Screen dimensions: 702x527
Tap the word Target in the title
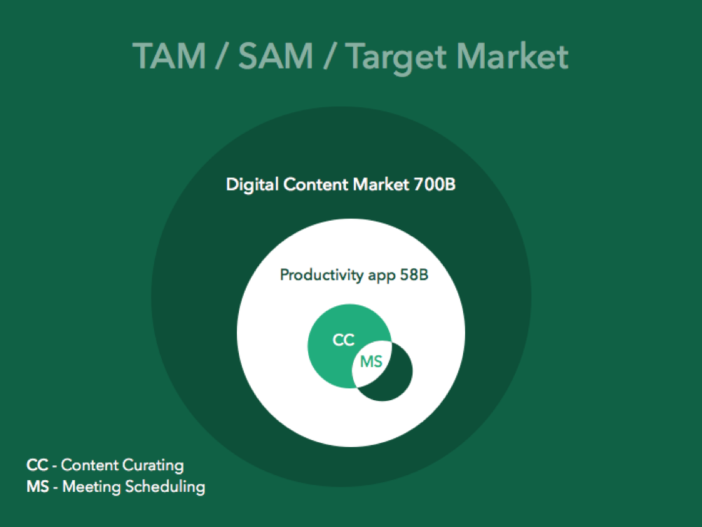click(397, 58)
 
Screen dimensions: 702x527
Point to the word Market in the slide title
click(512, 56)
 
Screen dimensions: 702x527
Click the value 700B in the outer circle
click(434, 184)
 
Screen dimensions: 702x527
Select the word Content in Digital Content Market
click(316, 184)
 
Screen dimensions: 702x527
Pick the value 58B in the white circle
click(413, 275)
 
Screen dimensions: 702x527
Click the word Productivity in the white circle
click(322, 275)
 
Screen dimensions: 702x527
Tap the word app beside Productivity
click(381, 276)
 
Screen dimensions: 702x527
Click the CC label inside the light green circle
click(343, 340)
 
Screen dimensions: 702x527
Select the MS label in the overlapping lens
click(371, 362)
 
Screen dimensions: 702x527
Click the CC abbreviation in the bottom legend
click(37, 465)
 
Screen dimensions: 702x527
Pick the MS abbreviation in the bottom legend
click(38, 486)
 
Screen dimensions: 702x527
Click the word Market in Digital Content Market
click(381, 184)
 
